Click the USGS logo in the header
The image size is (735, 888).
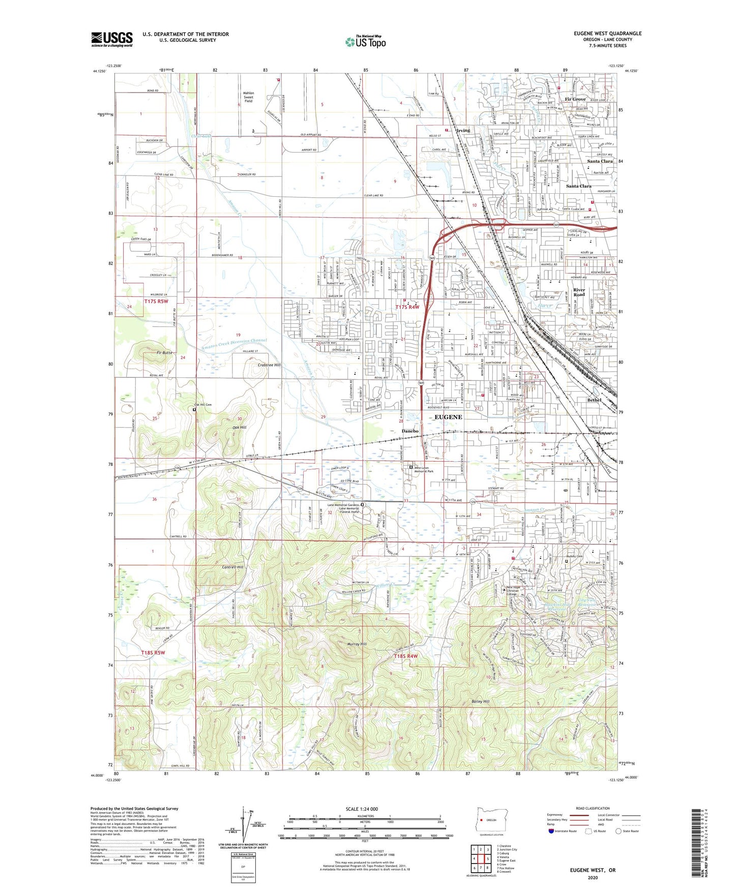click(x=112, y=39)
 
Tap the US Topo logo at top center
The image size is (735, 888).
click(x=365, y=41)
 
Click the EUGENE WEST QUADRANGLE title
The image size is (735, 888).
click(x=607, y=34)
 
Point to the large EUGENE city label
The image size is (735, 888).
click(x=448, y=417)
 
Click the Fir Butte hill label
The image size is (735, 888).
click(x=165, y=352)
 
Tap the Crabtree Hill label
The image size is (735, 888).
click(x=269, y=365)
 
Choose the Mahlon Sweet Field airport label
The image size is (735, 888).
click(x=248, y=97)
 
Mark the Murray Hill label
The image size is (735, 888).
click(x=357, y=644)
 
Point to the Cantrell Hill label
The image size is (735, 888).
click(x=233, y=567)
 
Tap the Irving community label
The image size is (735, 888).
click(x=463, y=131)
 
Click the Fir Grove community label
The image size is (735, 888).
click(x=575, y=99)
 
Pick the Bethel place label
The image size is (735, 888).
click(x=594, y=400)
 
